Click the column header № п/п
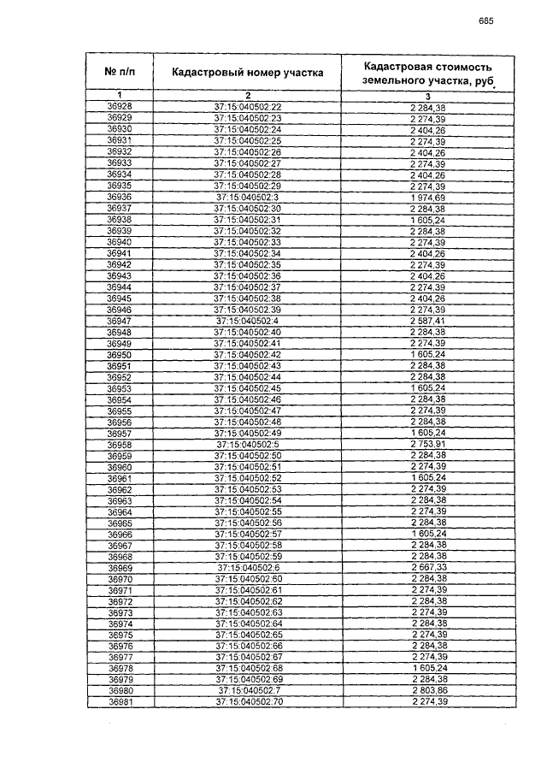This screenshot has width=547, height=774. tap(120, 72)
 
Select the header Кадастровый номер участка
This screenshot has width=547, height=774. tap(248, 72)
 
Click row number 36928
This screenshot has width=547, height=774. tap(120, 106)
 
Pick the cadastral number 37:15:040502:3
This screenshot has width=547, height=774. tap(248, 197)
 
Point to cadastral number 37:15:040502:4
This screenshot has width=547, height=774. tap(248, 321)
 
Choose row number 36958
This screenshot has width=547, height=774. tap(120, 445)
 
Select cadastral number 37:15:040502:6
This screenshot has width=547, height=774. tap(248, 568)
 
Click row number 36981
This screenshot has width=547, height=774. tap(120, 702)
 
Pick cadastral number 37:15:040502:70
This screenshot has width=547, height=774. tap(248, 702)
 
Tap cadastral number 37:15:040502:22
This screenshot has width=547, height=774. tap(248, 106)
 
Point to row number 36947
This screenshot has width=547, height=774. tap(120, 321)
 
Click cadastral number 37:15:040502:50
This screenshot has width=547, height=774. tap(248, 456)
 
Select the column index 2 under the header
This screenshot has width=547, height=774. tap(248, 94)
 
